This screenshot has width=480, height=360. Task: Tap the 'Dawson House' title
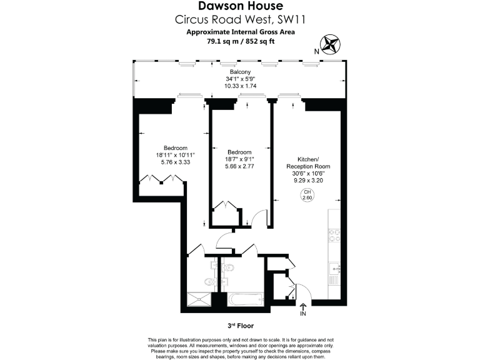coord(240,7)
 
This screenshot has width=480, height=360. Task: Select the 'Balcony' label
coord(240,72)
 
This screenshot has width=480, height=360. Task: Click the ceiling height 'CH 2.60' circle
coord(307,194)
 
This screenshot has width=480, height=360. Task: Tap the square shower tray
coord(200,300)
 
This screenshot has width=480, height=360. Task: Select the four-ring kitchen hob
coord(334,236)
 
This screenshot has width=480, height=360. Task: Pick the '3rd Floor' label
coord(240,326)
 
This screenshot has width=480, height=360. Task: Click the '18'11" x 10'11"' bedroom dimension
coord(176,155)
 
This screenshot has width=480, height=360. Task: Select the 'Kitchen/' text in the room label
coord(307,159)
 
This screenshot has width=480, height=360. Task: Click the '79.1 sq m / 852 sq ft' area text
coord(240,41)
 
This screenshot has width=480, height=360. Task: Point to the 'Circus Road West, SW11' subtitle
coord(240,19)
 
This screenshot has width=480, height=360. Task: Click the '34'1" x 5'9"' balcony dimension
coord(240,79)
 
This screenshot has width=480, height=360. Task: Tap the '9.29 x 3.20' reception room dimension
coord(307,180)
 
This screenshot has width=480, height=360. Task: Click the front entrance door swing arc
coord(299,290)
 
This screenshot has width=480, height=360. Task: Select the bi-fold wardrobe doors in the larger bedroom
coord(162,180)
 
